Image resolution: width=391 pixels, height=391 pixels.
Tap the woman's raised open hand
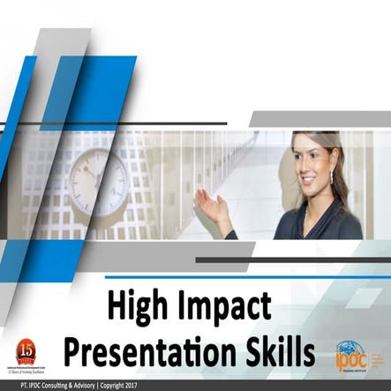[210, 209]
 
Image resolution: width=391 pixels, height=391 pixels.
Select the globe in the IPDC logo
[350, 350]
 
